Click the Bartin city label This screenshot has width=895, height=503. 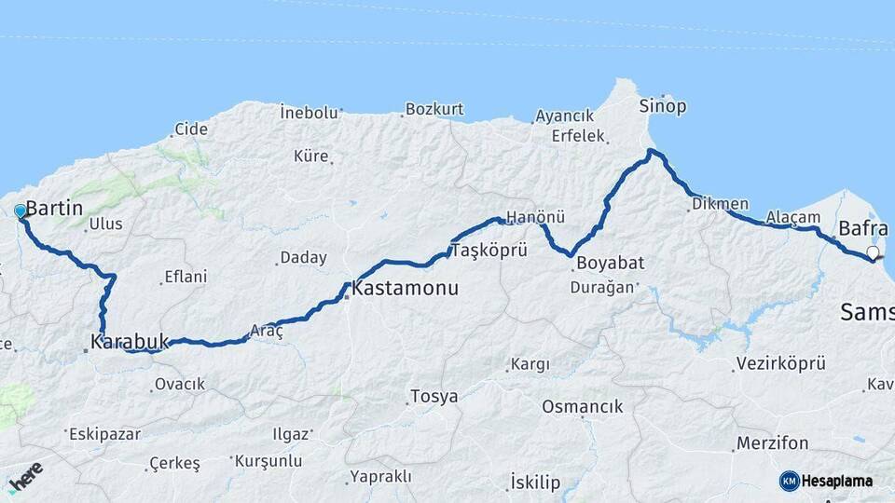56,209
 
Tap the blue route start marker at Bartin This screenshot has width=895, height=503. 20,211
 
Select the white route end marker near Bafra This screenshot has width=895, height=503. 873,252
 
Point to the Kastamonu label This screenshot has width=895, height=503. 406,290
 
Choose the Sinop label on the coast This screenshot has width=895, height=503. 663,106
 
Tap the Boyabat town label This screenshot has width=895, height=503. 611,263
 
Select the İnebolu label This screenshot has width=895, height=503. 309,113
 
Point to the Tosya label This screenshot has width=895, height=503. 434,397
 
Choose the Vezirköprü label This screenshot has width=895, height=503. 780,364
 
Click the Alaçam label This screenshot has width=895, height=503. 792,217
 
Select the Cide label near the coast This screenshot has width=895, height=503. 191,129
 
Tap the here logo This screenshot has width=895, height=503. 25,478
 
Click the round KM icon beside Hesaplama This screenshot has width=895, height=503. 790,481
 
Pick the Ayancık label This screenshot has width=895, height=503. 564,116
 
